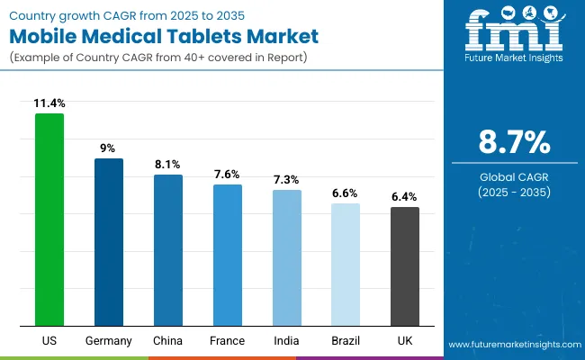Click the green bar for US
[x=49, y=220]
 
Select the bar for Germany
[x=109, y=242]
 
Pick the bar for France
[x=228, y=256]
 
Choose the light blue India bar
[x=287, y=258]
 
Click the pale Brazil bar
[x=346, y=265]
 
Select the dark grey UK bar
[x=405, y=266]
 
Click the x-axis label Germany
[x=109, y=341]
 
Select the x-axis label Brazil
[x=346, y=341]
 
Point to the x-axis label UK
[x=405, y=341]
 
